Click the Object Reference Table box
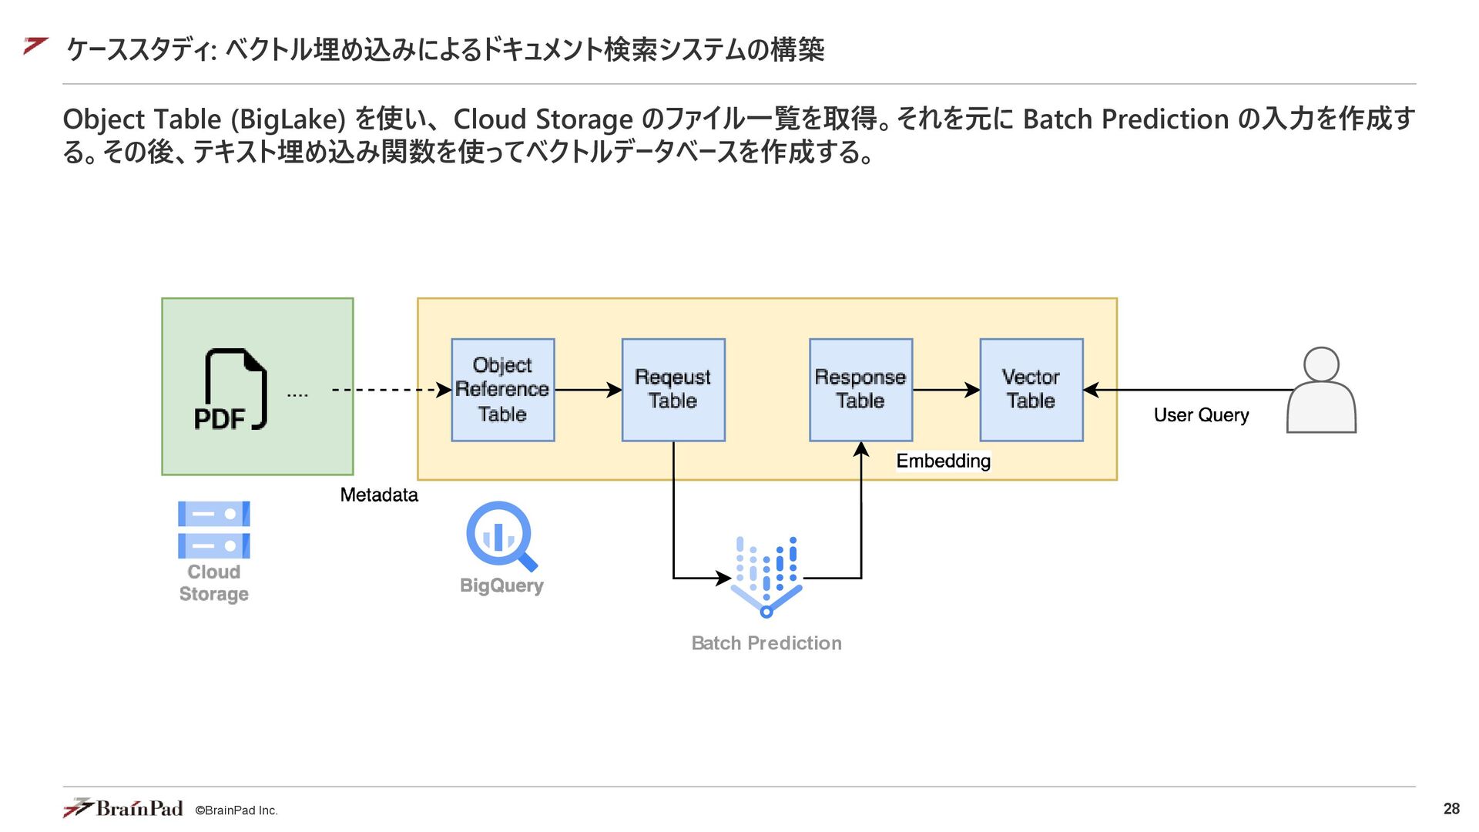pos(503,390)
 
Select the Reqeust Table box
pos(673,390)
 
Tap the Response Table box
pos(861,390)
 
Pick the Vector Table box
pos(1031,390)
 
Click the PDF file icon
pos(231,390)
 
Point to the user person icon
pos(1321,390)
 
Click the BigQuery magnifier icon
pos(501,536)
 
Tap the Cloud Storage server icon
pos(214,530)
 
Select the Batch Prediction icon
pos(766,577)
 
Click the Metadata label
pos(379,495)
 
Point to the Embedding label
pos(944,461)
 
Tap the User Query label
pos(1201,415)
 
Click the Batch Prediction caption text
pos(766,643)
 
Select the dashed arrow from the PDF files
pos(392,390)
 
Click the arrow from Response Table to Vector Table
pos(947,390)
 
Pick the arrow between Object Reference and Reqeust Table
pos(589,390)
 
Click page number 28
pos(1451,809)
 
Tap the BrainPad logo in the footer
pos(123,808)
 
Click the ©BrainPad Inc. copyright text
pos(236,810)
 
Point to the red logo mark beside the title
pos(36,46)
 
